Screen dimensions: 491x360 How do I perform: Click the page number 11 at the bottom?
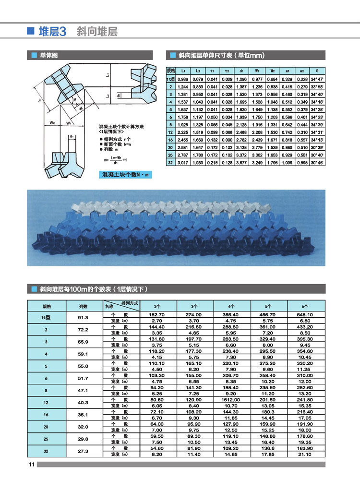(31, 464)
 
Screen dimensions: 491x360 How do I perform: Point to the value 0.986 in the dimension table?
(183, 79)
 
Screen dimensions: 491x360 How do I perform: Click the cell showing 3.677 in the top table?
(241, 163)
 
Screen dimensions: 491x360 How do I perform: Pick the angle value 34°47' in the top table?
(316, 79)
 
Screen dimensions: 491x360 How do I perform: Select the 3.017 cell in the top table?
(183, 163)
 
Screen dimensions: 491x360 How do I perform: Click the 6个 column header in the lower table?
(306, 306)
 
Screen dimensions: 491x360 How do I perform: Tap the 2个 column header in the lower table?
(157, 306)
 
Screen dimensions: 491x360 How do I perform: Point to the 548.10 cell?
(306, 314)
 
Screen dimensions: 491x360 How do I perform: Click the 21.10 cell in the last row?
(306, 454)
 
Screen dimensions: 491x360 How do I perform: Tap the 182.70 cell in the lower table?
(157, 314)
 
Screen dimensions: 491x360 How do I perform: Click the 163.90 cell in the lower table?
(306, 449)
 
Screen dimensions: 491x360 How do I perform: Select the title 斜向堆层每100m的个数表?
(94, 289)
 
